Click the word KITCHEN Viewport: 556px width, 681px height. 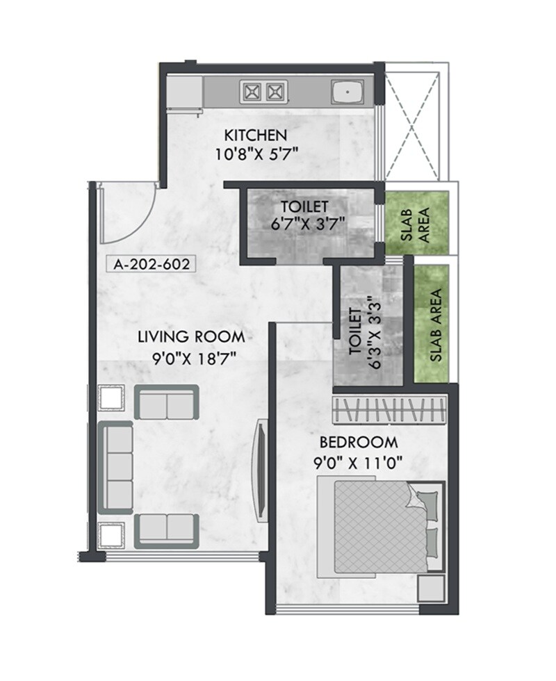(254, 134)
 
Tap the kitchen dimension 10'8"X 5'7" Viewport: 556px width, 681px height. (256, 153)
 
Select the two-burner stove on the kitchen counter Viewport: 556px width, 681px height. (263, 90)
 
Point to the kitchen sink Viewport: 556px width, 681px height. (347, 91)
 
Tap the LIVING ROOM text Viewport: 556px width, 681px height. (191, 337)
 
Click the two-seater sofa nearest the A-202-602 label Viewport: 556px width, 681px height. (167, 402)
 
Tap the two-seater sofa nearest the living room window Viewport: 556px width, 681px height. (167, 526)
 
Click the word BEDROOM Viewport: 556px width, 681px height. (359, 442)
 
